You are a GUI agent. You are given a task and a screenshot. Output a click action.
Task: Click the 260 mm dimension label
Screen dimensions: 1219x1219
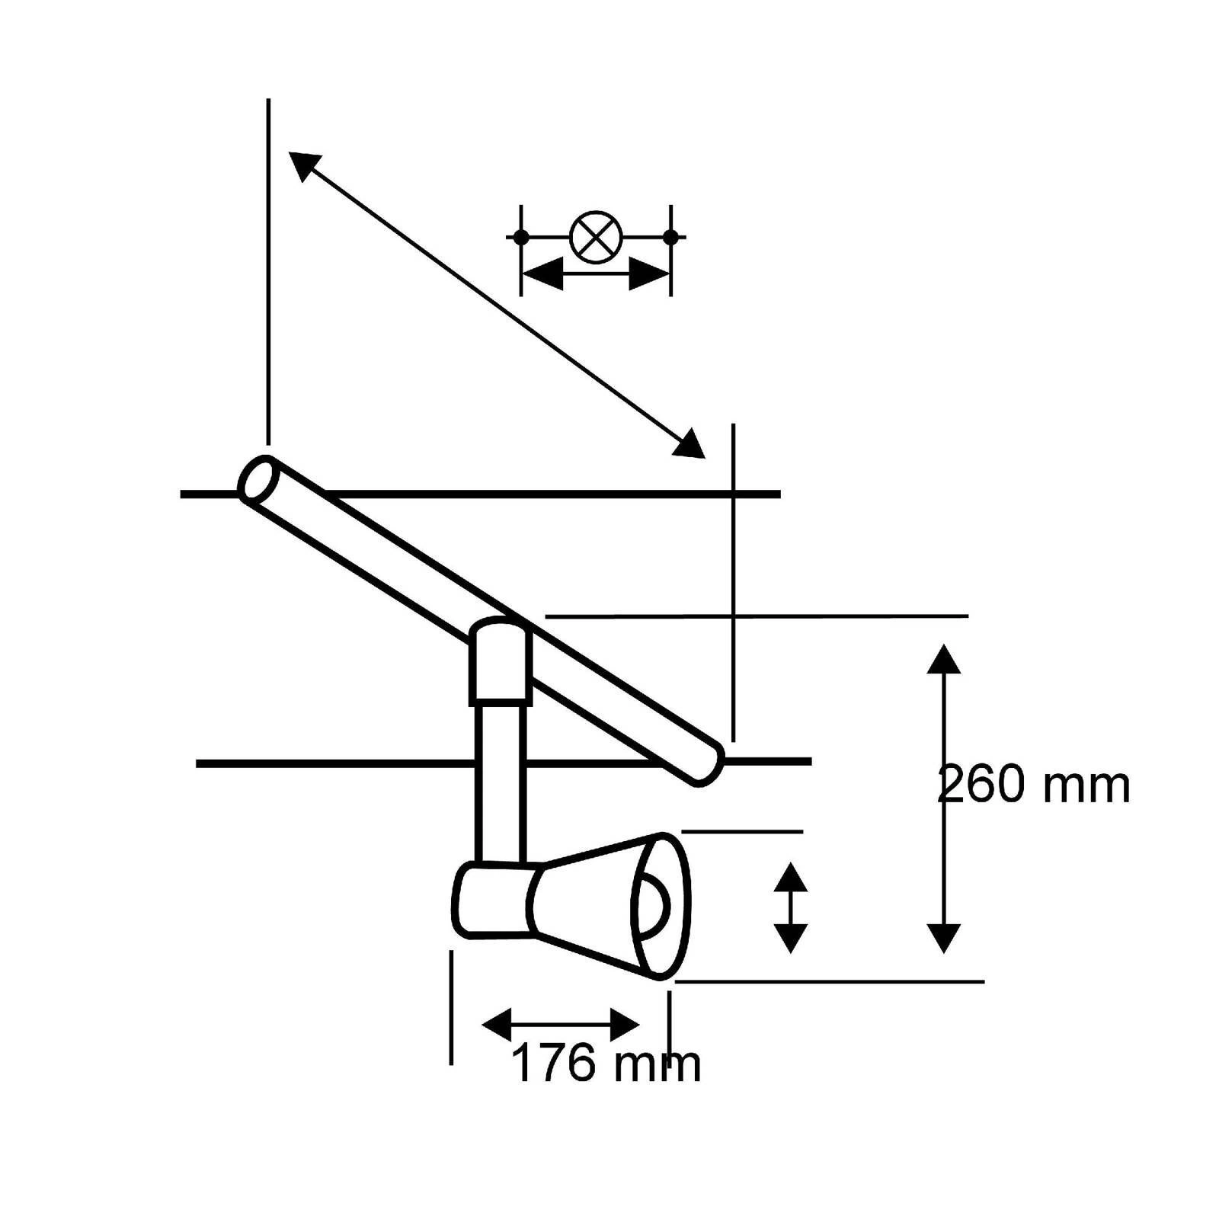pyautogui.click(x=1033, y=785)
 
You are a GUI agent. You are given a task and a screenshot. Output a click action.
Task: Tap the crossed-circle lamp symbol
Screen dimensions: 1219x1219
pyautogui.click(x=596, y=237)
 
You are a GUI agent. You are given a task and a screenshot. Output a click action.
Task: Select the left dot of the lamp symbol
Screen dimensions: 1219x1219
pyautogui.click(x=521, y=237)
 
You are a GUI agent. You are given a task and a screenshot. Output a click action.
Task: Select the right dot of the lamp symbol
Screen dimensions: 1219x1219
pyautogui.click(x=670, y=237)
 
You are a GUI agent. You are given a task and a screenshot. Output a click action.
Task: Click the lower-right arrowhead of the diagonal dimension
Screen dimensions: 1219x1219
pyautogui.click(x=690, y=445)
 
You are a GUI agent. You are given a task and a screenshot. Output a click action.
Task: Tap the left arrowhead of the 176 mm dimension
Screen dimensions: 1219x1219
pyautogui.click(x=497, y=1024)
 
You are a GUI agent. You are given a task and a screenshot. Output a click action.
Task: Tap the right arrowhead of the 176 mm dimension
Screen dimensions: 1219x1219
pyautogui.click(x=625, y=1024)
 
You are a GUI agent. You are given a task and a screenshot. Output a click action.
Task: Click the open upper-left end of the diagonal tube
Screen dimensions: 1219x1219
pyautogui.click(x=256, y=478)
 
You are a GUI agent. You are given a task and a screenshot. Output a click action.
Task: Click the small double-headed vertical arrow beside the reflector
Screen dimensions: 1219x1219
pyautogui.click(x=790, y=907)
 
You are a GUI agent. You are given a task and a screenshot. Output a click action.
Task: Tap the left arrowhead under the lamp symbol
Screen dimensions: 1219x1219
pyautogui.click(x=542, y=274)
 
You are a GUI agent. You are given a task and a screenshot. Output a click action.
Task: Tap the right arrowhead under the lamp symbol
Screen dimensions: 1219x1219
pyautogui.click(x=649, y=274)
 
